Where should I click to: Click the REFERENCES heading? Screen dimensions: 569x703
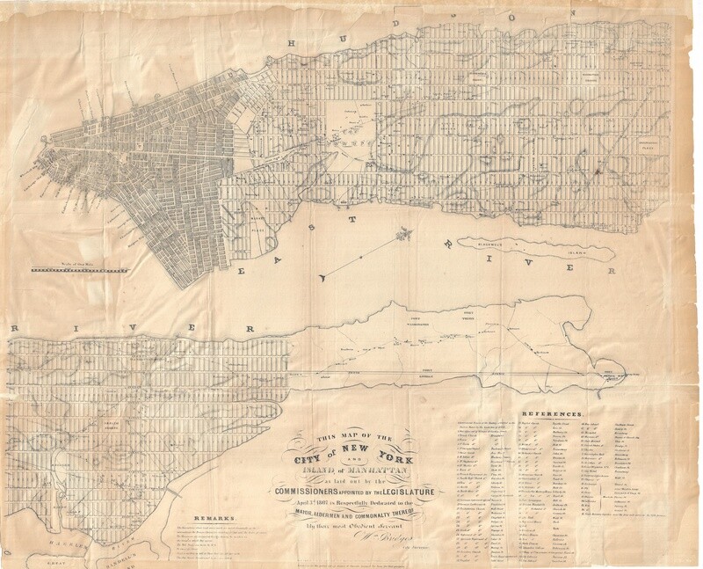pyautogui.click(x=552, y=412)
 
